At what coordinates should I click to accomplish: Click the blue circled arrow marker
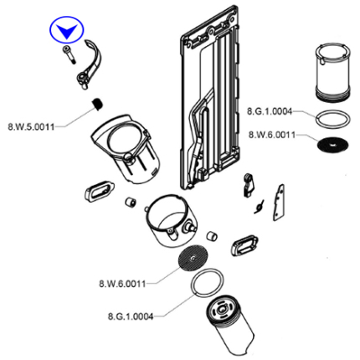click(x=67, y=30)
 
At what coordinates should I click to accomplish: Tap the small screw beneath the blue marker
click(x=69, y=54)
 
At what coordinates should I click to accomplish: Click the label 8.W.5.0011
click(x=31, y=127)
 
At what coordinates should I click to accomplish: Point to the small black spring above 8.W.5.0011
click(x=97, y=104)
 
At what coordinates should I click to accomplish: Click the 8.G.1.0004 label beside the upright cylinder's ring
click(x=270, y=111)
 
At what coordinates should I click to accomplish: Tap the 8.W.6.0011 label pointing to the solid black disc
click(x=272, y=135)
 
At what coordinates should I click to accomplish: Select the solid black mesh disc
click(x=333, y=145)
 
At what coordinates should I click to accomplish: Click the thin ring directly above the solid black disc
click(x=332, y=119)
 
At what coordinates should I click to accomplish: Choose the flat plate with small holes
click(x=279, y=203)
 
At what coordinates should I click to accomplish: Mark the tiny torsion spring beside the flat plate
click(x=260, y=207)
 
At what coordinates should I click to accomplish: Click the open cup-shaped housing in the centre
click(x=171, y=220)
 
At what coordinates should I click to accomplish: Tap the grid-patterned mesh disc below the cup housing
click(x=193, y=258)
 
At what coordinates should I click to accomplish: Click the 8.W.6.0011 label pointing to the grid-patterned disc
click(x=122, y=284)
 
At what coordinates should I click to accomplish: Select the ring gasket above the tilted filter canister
click(x=207, y=282)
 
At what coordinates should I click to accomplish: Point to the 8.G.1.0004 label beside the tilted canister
click(x=131, y=316)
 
